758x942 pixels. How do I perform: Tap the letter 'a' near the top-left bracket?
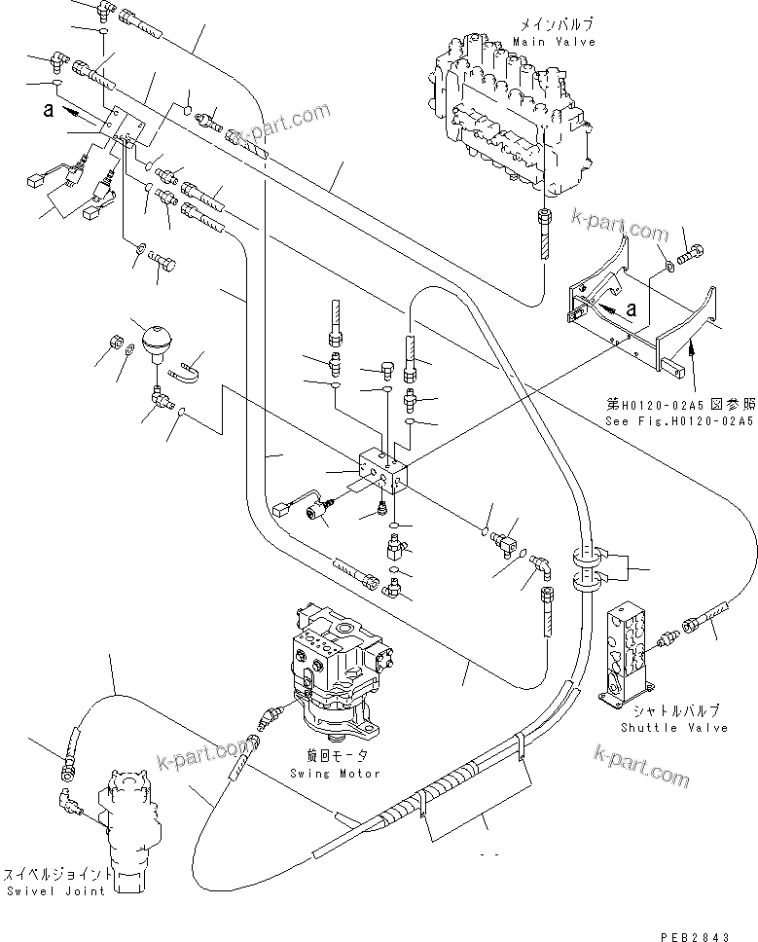click(48, 110)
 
